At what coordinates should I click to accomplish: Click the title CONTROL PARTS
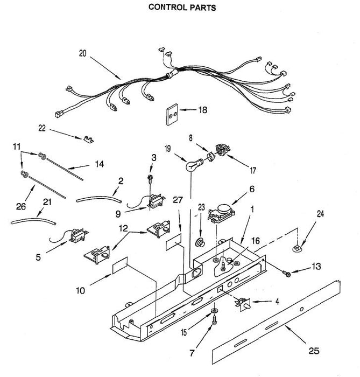click(174, 8)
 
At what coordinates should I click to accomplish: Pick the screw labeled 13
click(287, 273)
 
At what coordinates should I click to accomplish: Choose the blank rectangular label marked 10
click(120, 268)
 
